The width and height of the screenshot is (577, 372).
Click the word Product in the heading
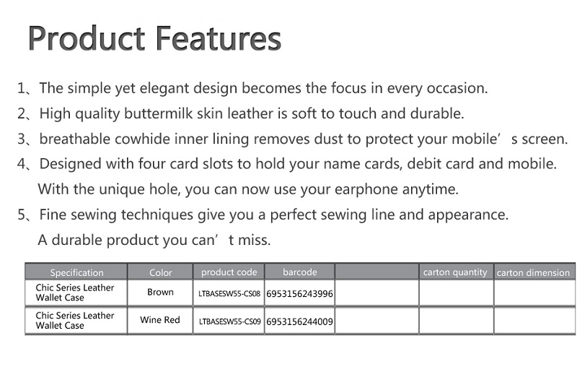coord(87,38)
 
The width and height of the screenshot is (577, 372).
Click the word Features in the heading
coord(219,38)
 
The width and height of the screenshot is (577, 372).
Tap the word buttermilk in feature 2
coord(158,113)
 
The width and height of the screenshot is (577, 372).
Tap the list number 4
coord(22,164)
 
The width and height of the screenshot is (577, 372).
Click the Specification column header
coord(76,272)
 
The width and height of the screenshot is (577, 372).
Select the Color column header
coord(160,272)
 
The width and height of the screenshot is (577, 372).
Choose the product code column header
coord(229,272)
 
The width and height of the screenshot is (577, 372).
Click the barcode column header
coord(300,272)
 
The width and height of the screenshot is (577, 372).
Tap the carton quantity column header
coord(455,272)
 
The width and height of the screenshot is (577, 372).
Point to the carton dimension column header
coord(533,272)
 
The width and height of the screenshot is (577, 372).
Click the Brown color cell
coord(160,292)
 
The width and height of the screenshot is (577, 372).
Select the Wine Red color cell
coord(160,320)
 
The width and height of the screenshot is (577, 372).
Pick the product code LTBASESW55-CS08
coord(229,294)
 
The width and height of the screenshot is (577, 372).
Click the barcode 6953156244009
coord(299,322)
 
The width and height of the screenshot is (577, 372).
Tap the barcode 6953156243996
coord(299,294)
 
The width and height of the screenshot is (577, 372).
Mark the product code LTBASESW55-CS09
coord(229,321)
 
